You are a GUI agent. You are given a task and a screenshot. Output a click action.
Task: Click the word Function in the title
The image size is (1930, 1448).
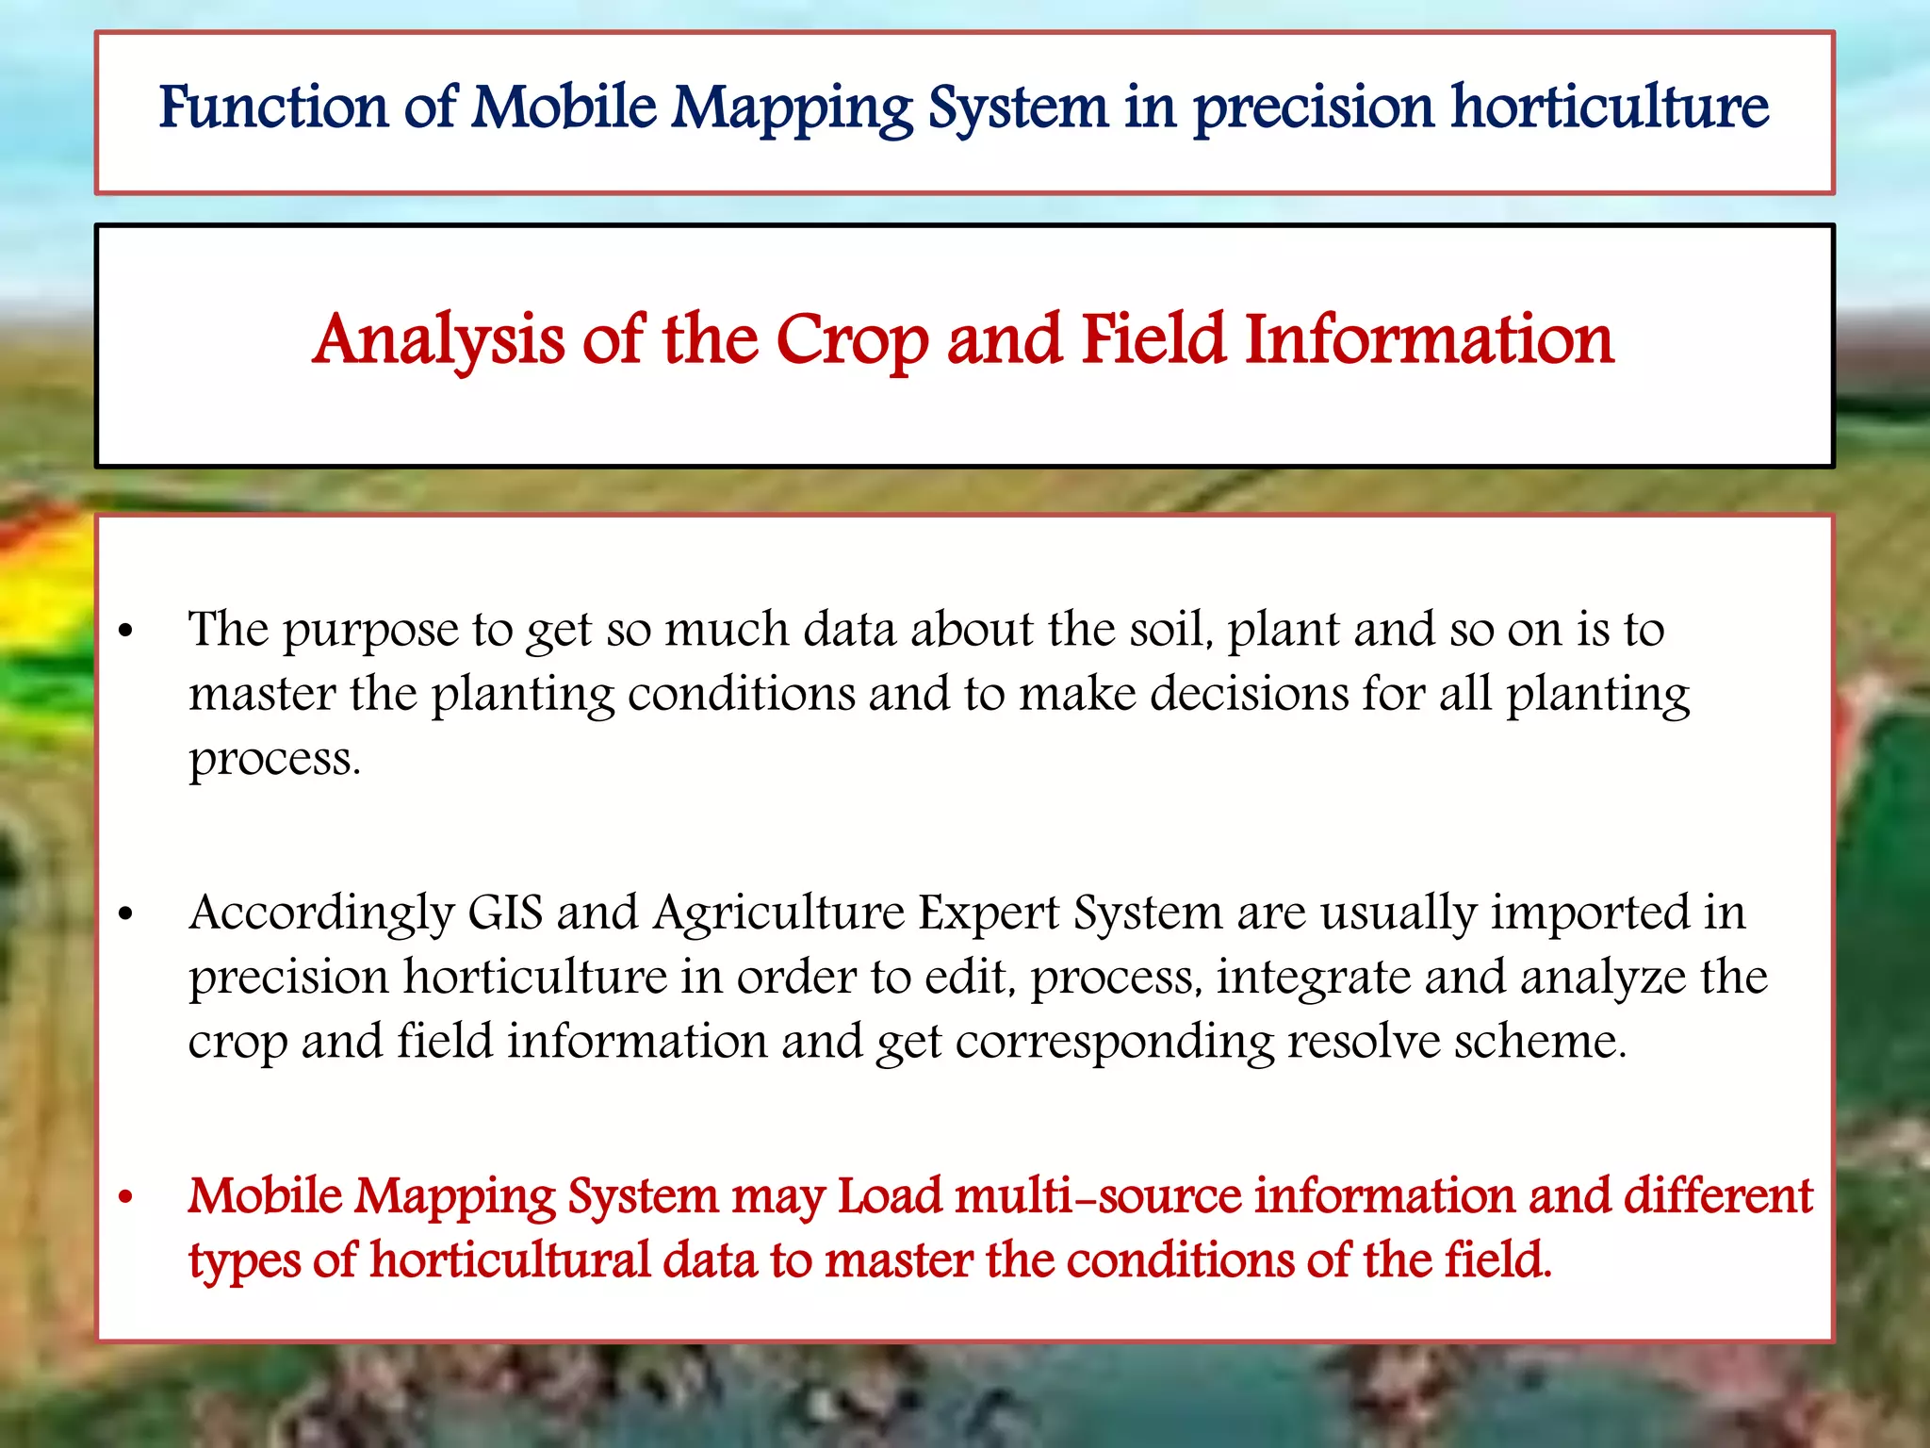coord(273,107)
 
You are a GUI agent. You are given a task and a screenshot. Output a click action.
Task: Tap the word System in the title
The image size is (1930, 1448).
coord(1018,107)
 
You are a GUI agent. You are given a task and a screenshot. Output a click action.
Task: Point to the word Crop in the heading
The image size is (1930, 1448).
coord(853,341)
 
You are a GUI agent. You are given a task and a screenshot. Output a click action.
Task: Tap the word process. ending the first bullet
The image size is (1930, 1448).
coord(274,760)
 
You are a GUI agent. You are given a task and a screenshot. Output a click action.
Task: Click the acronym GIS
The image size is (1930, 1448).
coord(505,913)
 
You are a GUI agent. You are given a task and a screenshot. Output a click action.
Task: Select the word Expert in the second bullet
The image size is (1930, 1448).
coord(989,913)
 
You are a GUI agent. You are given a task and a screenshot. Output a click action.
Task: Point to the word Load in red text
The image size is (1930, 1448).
coord(890,1196)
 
